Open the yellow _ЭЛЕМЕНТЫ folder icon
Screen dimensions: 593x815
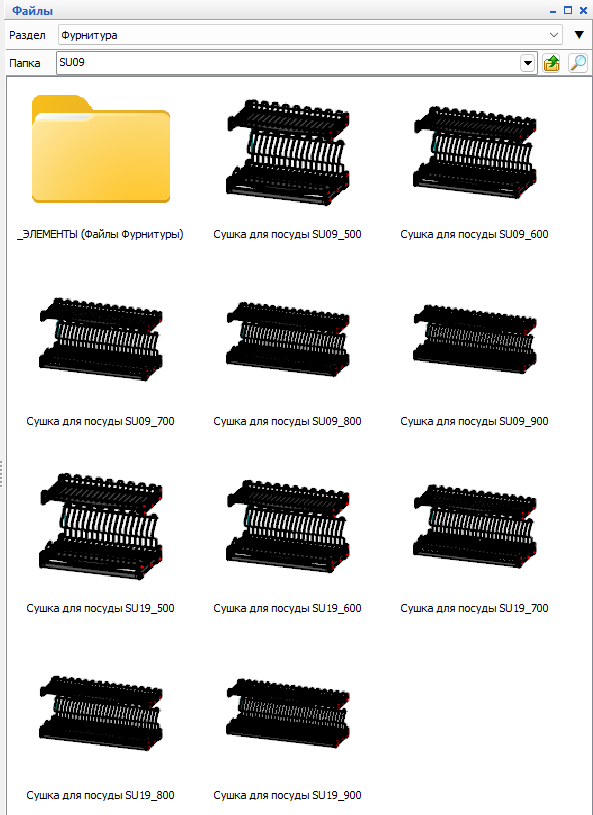[x=101, y=149]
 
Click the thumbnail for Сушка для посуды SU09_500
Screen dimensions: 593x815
[x=287, y=152]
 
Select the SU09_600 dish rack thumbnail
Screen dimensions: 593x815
[x=475, y=152]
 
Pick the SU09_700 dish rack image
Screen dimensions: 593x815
[x=101, y=339]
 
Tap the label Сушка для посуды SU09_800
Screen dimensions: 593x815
[x=287, y=421]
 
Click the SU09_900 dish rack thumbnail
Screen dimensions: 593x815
[x=475, y=339]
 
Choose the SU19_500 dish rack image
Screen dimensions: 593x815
[x=101, y=527]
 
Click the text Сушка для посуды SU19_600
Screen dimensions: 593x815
[x=287, y=608]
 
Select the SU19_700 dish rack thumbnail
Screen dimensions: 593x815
[x=475, y=527]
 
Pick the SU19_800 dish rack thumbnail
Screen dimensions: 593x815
[x=101, y=714]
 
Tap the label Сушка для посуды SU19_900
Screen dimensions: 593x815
[x=287, y=795]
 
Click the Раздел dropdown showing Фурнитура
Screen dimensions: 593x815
[x=310, y=35]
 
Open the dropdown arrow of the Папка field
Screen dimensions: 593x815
[x=528, y=63]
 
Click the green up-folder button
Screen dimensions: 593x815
[x=551, y=63]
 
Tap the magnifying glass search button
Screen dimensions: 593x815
[x=577, y=63]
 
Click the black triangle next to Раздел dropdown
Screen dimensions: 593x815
[x=579, y=35]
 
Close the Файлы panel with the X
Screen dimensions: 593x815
[x=583, y=10]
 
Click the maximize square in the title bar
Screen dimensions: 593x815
[x=568, y=10]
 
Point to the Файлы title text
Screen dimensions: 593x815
[x=32, y=10]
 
